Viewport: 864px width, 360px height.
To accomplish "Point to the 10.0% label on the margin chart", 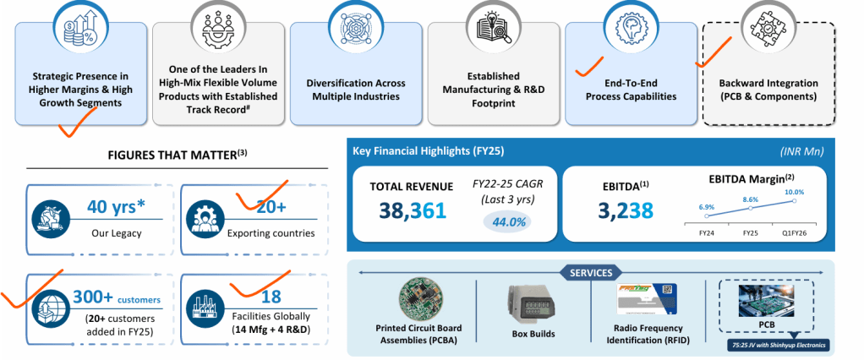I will tap(794, 192).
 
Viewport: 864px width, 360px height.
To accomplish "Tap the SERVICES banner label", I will tap(589, 272).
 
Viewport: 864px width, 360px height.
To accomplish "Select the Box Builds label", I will tap(533, 334).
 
